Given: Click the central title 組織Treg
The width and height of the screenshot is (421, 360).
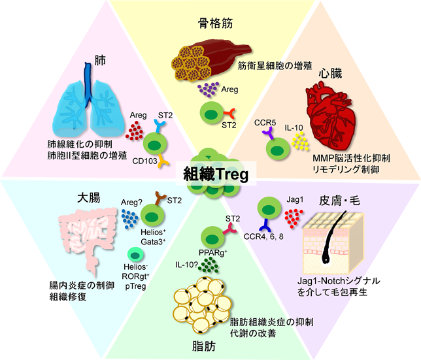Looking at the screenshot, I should [211, 176].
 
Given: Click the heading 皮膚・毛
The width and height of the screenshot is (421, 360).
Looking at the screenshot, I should [341, 197].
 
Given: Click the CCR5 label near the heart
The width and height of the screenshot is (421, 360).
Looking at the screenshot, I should [264, 123].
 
